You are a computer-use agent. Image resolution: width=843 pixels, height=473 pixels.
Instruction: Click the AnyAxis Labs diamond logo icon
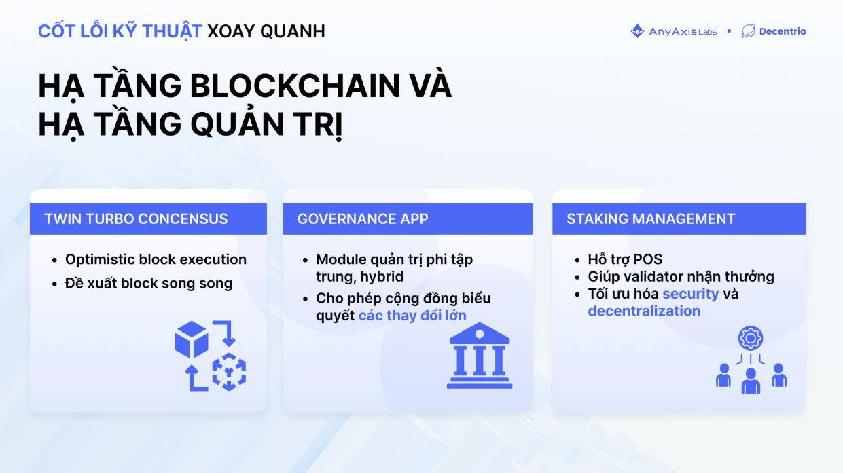637,31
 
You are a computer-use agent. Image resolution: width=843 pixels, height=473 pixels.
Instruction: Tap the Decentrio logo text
783,31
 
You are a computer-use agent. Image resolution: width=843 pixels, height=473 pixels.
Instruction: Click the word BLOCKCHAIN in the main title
294,86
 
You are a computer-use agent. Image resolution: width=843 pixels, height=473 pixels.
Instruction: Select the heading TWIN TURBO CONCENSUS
136,219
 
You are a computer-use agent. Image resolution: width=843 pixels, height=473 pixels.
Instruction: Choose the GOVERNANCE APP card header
408,219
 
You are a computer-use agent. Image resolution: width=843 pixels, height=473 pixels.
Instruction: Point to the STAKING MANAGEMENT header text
651,219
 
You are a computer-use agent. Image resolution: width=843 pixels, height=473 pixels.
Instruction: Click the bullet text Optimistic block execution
156,259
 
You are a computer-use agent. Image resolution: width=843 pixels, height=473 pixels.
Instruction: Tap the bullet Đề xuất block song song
149,284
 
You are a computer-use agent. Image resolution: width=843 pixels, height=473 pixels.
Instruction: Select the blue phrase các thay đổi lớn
412,315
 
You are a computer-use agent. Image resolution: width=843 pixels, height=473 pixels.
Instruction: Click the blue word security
691,294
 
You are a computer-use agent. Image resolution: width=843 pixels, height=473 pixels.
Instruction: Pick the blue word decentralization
644,311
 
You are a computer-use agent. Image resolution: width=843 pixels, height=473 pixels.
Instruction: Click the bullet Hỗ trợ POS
625,259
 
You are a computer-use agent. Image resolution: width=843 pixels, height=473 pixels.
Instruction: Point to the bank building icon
480,356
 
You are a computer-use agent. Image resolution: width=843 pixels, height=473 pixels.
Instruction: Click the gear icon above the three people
751,338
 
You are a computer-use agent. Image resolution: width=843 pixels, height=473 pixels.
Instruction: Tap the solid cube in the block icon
192,339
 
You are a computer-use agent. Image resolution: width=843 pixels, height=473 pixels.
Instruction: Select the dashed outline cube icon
229,372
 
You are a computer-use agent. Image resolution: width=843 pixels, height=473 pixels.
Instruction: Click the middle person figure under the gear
751,381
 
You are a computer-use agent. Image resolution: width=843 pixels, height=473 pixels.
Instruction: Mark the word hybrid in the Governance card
382,277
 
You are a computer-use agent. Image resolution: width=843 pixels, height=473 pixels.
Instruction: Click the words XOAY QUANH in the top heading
266,31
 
